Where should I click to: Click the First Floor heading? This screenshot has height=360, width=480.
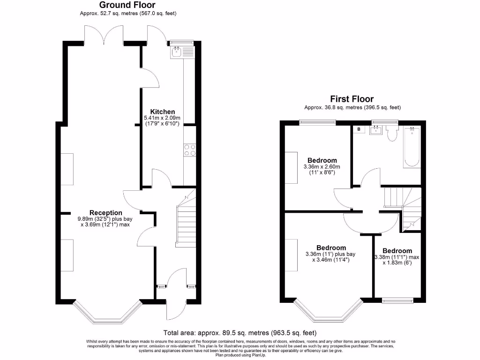click(352, 99)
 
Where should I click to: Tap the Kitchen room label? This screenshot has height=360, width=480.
click(162, 112)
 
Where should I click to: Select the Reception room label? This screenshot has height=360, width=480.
click(106, 213)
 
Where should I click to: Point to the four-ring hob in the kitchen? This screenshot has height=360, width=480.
click(190, 150)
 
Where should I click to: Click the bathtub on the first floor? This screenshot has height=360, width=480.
click(412, 147)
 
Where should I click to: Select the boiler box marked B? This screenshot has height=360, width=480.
click(359, 129)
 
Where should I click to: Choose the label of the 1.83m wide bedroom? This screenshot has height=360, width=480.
click(397, 251)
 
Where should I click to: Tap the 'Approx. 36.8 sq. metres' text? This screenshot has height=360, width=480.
click(352, 107)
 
